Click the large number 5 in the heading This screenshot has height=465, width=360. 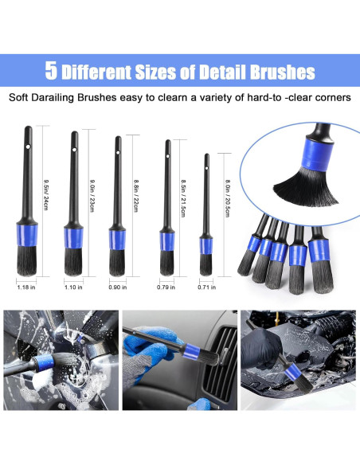click(x=52, y=72)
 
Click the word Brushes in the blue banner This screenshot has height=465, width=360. click(x=272, y=72)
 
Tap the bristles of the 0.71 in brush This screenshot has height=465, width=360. click(x=206, y=264)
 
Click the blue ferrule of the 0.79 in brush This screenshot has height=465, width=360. click(x=167, y=242)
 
